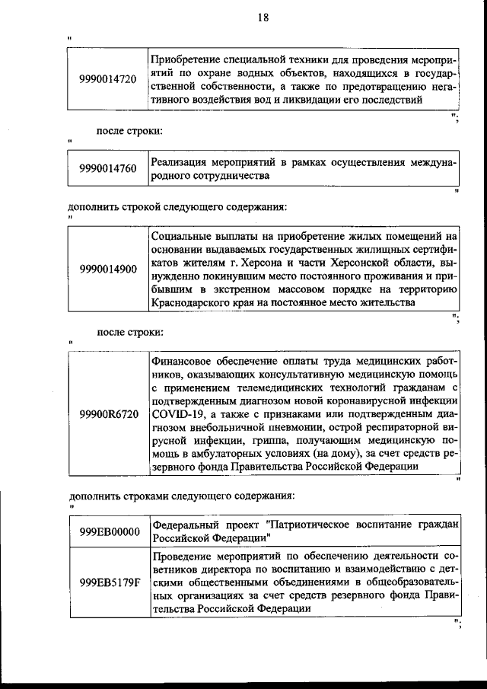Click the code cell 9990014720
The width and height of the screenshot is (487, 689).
108,78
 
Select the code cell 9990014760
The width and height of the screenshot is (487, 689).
108,169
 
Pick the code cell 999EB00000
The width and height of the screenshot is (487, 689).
108,531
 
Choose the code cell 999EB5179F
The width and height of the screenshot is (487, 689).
108,582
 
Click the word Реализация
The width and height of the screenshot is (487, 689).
180,161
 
